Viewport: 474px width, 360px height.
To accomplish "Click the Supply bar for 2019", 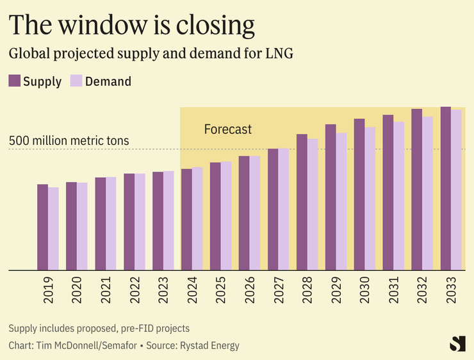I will click(42, 227).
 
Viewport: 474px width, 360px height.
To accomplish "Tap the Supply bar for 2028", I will click(302, 202).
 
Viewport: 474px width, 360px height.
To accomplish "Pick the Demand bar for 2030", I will click(370, 199).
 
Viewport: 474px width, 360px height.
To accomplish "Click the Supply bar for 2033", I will click(446, 189).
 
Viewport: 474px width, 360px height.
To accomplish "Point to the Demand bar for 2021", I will click(111, 224).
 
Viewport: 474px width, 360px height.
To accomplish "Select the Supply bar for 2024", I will click(186, 220).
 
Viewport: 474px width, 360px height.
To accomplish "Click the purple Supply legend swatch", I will click(14, 81).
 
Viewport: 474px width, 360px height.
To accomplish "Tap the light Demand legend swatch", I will click(76, 81).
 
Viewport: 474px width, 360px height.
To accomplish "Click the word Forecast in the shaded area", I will click(227, 129).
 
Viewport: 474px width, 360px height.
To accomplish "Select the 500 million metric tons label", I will click(69, 141).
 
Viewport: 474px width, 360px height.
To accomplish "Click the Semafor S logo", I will click(457, 343).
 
